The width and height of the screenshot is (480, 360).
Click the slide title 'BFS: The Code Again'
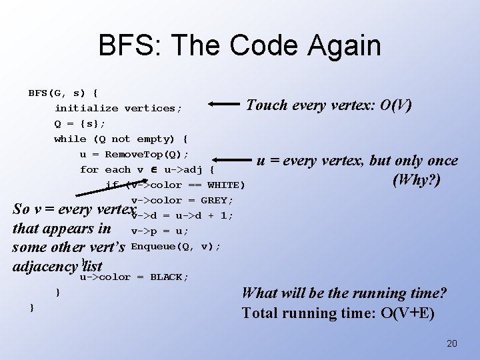click(239, 46)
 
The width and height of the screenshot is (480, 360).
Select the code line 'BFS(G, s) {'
click(63, 93)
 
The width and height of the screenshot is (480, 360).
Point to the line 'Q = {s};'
click(80, 123)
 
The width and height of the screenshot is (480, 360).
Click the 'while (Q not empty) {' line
click(121, 139)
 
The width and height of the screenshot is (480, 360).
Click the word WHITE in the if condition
click(223, 185)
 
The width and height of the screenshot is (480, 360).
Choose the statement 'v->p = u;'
click(160, 231)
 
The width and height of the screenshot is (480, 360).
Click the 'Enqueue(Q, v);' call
click(176, 247)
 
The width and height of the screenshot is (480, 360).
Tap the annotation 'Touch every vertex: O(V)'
click(329, 105)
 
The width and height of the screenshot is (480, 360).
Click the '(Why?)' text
click(417, 180)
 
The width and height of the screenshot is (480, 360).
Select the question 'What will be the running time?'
click(344, 293)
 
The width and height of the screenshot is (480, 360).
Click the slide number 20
click(451, 343)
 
